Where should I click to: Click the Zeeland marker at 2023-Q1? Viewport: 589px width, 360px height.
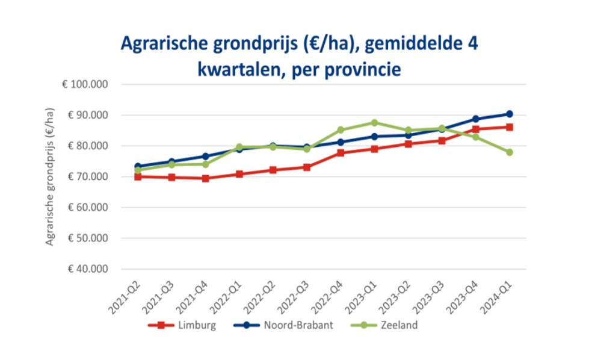click(x=374, y=123)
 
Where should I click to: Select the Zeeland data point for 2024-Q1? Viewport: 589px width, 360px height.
click(x=509, y=152)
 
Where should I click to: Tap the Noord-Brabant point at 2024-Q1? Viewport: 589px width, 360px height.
click(x=509, y=114)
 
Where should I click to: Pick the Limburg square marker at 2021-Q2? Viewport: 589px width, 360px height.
click(x=138, y=176)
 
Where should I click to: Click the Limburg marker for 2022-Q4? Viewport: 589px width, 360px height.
click(x=341, y=153)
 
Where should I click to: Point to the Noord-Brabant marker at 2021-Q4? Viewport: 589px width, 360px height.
click(x=206, y=157)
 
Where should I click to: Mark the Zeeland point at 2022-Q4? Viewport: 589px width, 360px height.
click(x=341, y=129)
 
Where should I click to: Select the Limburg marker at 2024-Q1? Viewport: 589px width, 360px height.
click(x=509, y=127)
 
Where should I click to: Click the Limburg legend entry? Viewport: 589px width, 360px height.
click(x=180, y=326)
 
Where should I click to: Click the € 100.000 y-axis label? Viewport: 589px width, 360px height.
click(x=84, y=84)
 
